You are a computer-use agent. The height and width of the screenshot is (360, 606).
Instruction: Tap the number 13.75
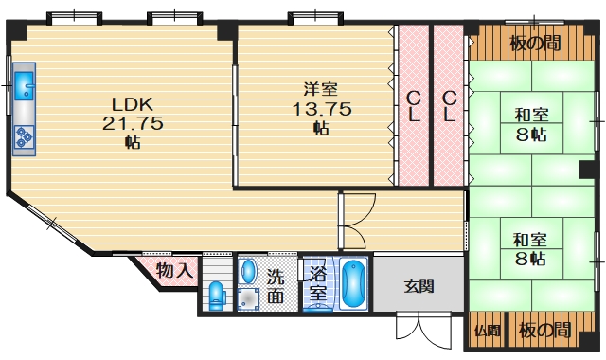click(x=321, y=109)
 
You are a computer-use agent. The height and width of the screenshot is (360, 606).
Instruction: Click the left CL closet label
click(x=414, y=105)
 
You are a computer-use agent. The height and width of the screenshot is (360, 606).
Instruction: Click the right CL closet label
click(x=450, y=105)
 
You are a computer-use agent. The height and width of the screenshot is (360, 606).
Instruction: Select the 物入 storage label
click(x=175, y=270)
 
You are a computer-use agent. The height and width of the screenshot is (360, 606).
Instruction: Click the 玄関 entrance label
click(x=419, y=285)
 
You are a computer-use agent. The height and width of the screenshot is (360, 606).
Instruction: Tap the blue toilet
click(x=217, y=297)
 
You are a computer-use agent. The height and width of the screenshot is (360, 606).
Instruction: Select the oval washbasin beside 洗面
click(x=248, y=272)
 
